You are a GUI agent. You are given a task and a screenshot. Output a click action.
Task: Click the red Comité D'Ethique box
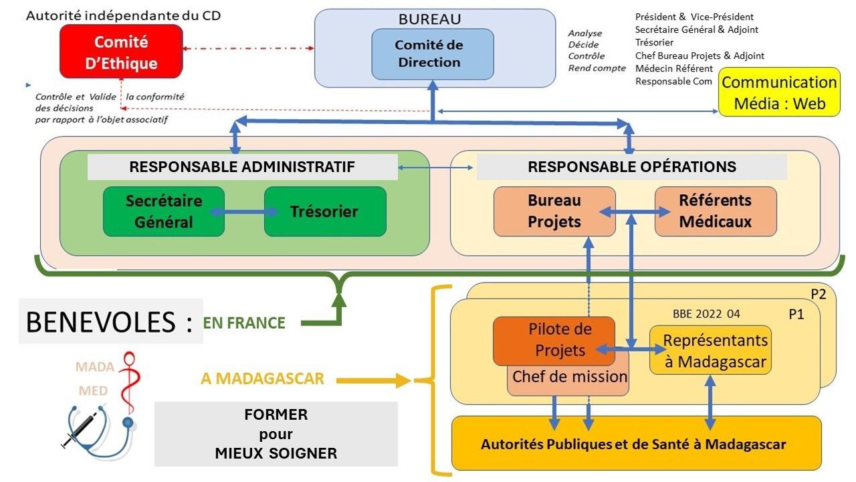point(121,52)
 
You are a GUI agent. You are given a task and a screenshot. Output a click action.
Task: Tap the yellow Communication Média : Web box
point(779,92)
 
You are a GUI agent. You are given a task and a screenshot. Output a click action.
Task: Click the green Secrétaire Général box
point(164,212)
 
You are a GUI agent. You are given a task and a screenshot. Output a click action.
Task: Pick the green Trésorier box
point(325,212)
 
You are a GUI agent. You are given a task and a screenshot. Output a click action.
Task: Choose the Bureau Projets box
point(554,212)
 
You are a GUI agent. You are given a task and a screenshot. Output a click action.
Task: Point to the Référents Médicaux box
point(716,212)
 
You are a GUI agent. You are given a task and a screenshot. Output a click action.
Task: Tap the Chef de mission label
point(570,377)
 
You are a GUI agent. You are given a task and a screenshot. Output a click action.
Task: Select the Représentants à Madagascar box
point(710,350)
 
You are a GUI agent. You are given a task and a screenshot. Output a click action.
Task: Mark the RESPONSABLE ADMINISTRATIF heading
point(242,167)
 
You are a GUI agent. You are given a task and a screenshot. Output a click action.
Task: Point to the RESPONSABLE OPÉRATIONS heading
point(631,167)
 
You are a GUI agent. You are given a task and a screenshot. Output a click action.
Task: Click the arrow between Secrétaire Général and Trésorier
point(244,212)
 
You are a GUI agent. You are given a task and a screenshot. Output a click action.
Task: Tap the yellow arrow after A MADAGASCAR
point(374,381)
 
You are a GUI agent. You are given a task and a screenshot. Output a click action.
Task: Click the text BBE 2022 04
point(706,314)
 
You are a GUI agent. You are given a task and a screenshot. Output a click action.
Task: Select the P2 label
point(818,295)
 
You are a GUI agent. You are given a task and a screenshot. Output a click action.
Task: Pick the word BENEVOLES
point(100,322)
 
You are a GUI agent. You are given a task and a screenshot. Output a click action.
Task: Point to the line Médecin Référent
point(673,68)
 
